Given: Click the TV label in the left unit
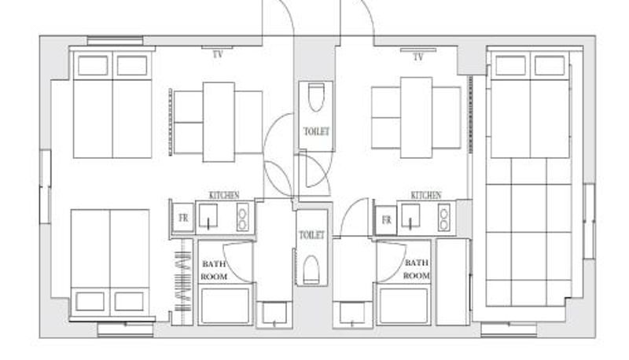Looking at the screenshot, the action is point(218,54).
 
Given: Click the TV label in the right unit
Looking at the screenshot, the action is point(418,57).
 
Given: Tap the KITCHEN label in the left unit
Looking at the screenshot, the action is point(224,195).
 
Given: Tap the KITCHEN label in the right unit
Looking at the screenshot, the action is point(426,195).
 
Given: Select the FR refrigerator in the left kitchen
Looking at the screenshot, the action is point(183,218).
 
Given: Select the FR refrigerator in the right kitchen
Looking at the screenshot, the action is point(386,220).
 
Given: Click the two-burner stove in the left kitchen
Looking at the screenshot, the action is point(242,217).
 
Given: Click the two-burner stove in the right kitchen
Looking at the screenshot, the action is point(443,217).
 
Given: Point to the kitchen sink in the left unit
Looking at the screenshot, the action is point(208,215).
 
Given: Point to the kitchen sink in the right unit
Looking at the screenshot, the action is point(410,216).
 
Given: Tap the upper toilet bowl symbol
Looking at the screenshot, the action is point(316,97).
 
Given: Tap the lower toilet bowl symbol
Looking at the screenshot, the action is point(311,270).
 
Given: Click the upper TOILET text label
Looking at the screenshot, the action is point(317,131).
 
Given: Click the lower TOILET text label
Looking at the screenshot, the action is point(311,235).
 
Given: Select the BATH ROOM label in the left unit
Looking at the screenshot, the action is point(214,270).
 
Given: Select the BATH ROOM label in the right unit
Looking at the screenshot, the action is point(417,269).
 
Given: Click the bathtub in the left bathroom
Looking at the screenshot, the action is point(225,306).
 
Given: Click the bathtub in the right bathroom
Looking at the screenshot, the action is point(403,306).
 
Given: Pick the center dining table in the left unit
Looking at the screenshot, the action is point(219,123).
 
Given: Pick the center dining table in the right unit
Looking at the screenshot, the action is point(417,117).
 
